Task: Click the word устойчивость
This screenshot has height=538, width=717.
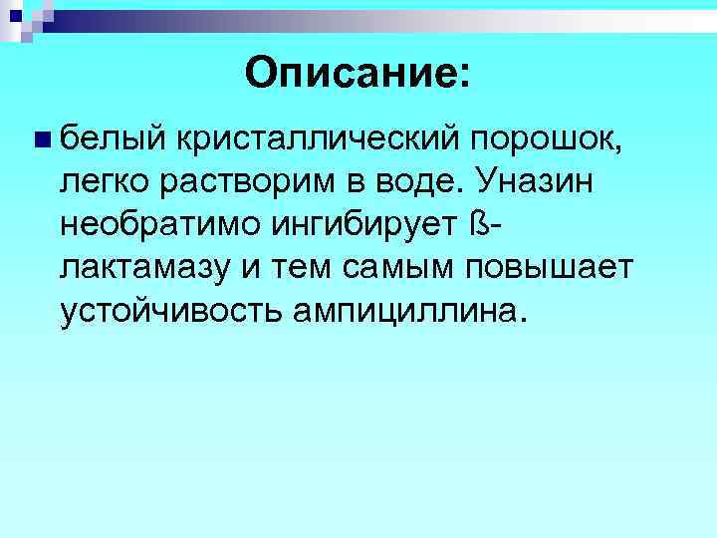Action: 170,312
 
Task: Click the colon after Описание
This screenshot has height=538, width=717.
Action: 470,74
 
